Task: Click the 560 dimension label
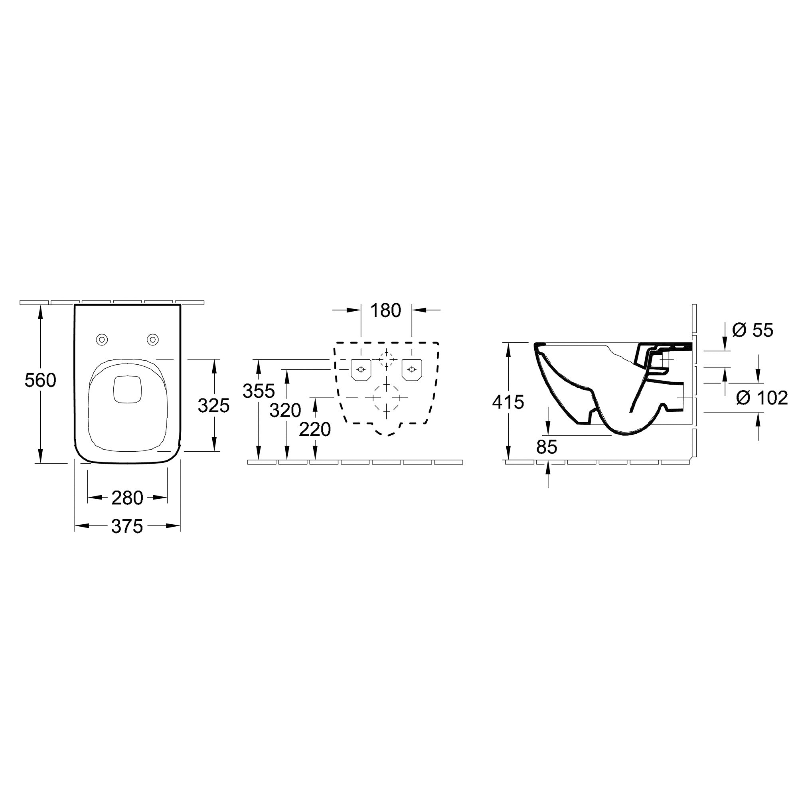coord(40,380)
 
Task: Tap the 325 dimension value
coord(213,406)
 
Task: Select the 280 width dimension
coord(127,498)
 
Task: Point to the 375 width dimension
coord(127,526)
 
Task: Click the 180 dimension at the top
coord(386,310)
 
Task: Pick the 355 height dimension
coord(259,390)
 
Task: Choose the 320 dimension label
coord(285,410)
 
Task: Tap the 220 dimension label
coord(315,430)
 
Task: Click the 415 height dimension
coord(508,401)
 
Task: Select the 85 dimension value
coord(547,446)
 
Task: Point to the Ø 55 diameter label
coord(753,330)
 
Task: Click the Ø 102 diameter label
coord(762,398)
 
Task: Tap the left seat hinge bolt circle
coord(102,340)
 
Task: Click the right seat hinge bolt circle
coord(152,340)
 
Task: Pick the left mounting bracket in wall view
coord(361,369)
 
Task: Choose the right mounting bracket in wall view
coord(412,369)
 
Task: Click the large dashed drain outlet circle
coord(387,397)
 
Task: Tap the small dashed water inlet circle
coord(387,359)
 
